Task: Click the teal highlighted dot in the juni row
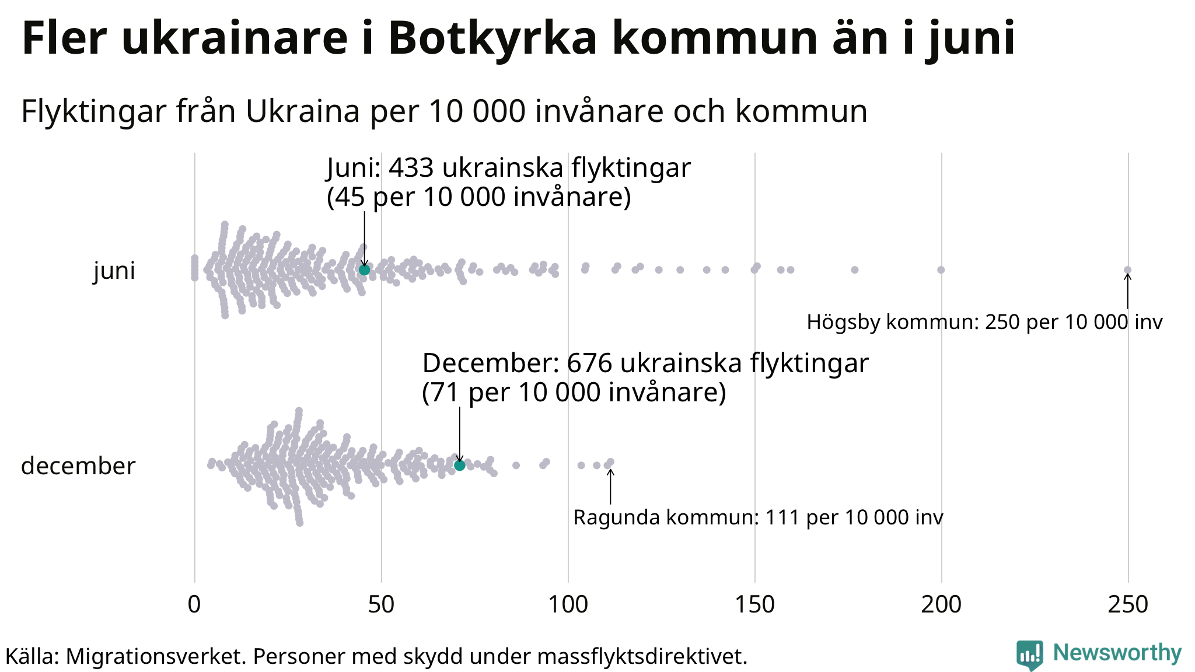[364, 269]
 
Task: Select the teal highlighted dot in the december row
[459, 465]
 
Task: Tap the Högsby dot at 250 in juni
[1127, 269]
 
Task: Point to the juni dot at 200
[941, 269]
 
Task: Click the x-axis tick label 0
[194, 605]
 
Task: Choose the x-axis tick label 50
[381, 605]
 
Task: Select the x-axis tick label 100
[568, 605]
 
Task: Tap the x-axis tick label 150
[754, 605]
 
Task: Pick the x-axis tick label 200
[941, 605]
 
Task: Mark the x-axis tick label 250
[1128, 605]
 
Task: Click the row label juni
[114, 271]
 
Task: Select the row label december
[78, 466]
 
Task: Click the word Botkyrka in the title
[492, 38]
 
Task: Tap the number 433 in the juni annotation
[411, 168]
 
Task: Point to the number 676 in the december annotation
[589, 363]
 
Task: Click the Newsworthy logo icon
[1029, 655]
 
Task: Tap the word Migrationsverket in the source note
[156, 656]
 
